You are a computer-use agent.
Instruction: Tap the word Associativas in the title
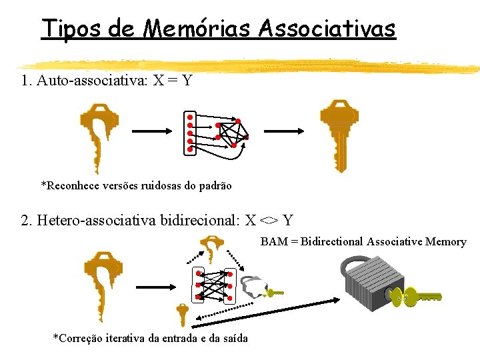[x=327, y=29]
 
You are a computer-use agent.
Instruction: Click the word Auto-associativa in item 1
[x=94, y=81]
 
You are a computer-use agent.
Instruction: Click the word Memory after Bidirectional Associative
[x=446, y=241]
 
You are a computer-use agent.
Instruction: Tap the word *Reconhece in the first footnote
[x=69, y=185]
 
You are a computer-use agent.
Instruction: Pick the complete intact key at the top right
[x=339, y=133]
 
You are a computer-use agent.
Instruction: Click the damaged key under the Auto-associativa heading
[x=99, y=133]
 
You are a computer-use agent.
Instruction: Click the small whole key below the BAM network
[x=181, y=314]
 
